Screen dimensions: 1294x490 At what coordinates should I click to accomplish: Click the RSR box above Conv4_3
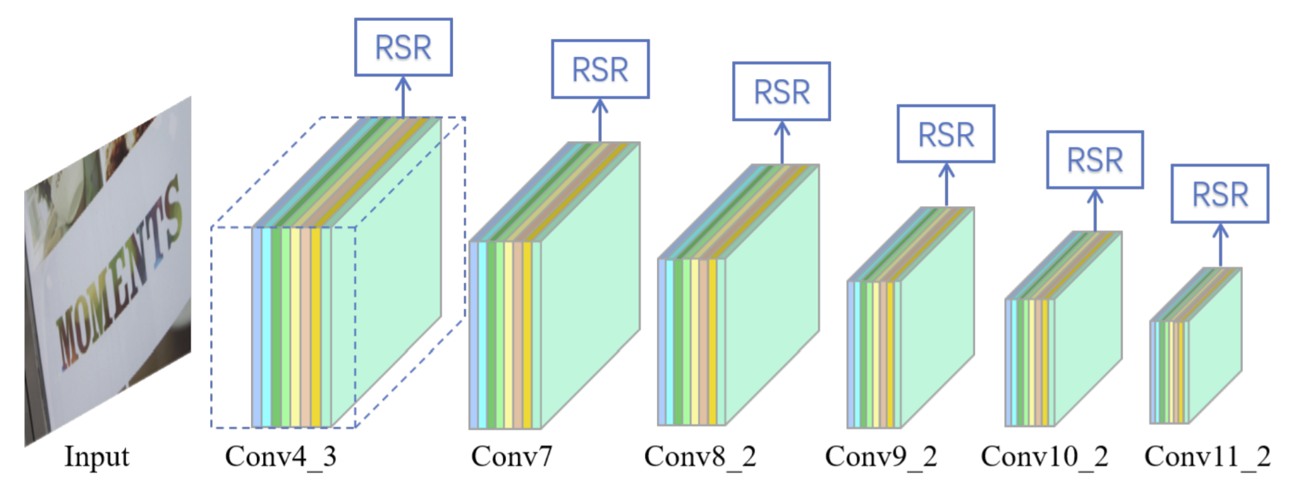click(403, 47)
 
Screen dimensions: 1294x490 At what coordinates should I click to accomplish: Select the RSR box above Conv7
click(600, 69)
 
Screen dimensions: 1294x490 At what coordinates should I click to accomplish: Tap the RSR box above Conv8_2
click(781, 92)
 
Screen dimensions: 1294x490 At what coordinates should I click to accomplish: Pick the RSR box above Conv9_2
click(946, 134)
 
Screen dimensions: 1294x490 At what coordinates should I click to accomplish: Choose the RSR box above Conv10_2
click(1095, 159)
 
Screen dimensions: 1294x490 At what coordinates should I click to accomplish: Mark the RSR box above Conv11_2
click(1220, 194)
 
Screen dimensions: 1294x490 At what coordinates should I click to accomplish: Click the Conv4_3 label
click(280, 457)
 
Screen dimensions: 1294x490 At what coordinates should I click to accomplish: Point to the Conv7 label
click(511, 457)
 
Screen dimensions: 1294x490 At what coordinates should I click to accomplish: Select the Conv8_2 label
click(700, 457)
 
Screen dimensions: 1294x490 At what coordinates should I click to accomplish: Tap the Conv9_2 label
click(881, 457)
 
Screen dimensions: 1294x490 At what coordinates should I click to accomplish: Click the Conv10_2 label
click(1044, 457)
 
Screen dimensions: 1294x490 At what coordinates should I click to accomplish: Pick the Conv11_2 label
click(1207, 457)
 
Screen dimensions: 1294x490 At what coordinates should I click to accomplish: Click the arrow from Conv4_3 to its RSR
click(403, 97)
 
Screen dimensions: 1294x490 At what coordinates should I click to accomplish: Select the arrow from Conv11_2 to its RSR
click(1220, 246)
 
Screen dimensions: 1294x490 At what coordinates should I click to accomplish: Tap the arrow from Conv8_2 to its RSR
click(781, 143)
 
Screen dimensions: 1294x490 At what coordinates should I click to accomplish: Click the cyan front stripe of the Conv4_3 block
click(266, 327)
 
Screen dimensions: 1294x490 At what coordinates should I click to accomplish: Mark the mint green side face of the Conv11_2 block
click(1215, 345)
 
